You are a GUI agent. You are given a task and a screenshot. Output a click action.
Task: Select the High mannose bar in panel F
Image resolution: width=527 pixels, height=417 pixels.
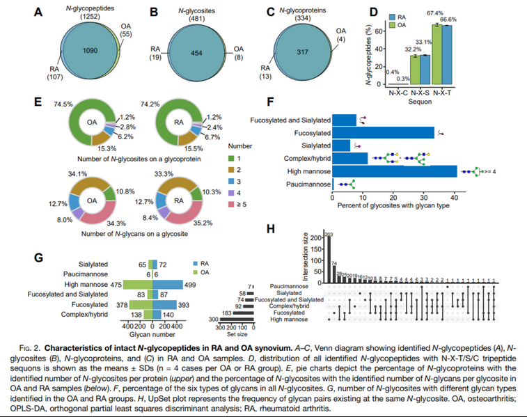(394, 171)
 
